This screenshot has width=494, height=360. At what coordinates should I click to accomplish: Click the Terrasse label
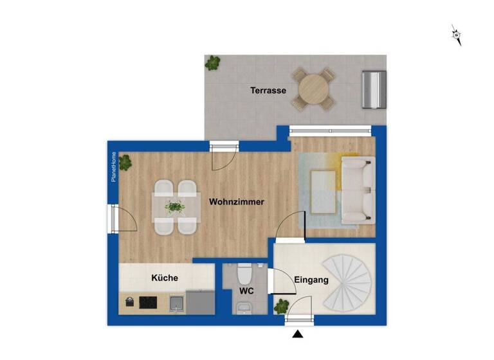pos(268,91)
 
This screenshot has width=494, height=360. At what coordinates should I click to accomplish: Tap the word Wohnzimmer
pos(237,202)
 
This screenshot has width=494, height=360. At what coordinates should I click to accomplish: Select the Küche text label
pos(165,278)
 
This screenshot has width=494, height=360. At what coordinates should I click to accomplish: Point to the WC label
pos(246,291)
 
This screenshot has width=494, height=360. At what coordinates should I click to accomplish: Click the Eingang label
pos(311,280)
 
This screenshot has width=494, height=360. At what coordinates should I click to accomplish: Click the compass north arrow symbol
pos(457,35)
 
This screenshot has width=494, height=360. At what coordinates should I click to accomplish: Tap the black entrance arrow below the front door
pos(297,334)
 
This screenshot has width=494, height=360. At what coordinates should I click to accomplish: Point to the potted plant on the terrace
pos(212,63)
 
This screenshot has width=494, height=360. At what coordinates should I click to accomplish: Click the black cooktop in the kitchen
pos(149,301)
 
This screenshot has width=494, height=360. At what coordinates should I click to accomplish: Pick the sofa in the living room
pos(358,191)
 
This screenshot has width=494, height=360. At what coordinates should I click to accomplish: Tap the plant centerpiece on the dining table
pos(174,207)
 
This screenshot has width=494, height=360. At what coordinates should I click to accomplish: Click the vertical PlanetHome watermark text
pos(114,167)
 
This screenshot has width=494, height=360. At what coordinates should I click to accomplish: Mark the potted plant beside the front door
pos(281,307)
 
